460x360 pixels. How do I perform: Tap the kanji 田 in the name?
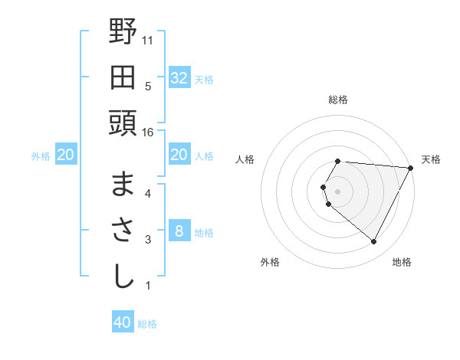point(123,78)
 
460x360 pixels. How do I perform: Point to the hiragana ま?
point(123,184)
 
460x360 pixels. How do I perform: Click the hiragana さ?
point(123,231)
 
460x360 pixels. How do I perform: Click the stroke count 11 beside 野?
point(148,38)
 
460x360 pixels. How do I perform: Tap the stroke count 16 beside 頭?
point(148,133)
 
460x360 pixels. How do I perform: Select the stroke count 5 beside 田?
point(148,86)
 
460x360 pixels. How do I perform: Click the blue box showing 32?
point(179,78)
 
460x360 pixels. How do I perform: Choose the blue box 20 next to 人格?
point(179,155)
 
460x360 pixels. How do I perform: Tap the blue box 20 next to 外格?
point(65,155)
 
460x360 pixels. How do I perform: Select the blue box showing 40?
point(123,322)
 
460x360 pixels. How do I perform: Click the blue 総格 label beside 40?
point(147,324)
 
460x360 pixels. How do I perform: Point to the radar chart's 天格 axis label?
point(431,159)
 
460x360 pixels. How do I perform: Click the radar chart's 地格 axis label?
point(402,262)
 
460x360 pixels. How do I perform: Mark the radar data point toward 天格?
point(411,168)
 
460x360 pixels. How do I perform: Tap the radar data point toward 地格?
point(374,242)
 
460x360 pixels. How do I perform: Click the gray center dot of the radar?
point(338,191)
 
